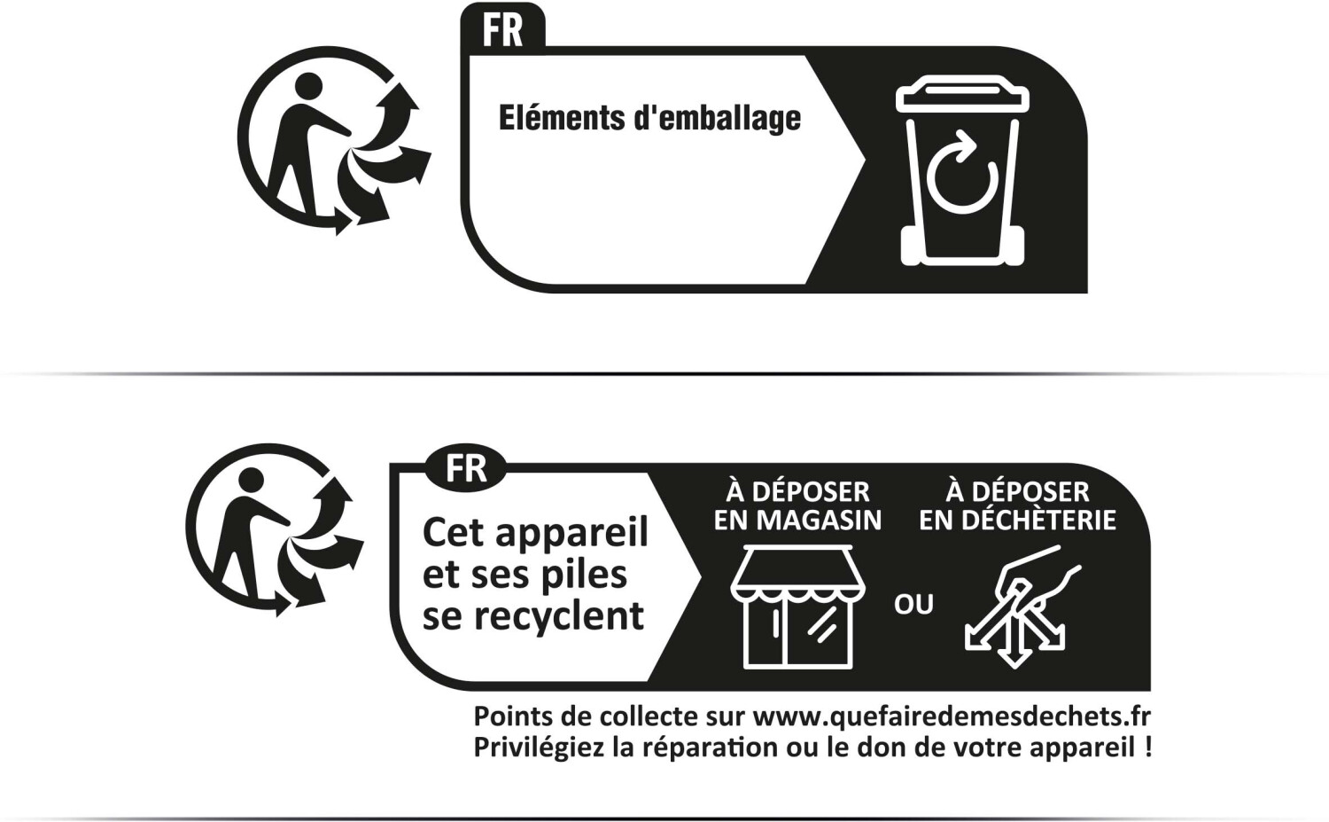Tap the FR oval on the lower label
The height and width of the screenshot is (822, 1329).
[466, 468]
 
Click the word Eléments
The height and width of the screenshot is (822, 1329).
[561, 117]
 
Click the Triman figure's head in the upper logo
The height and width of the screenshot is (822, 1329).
[307, 88]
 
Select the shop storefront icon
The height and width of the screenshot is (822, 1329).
[791, 607]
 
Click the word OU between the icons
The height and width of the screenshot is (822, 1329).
[913, 605]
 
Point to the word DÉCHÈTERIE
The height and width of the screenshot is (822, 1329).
[1039, 519]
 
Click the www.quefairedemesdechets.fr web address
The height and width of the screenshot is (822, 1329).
[952, 717]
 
